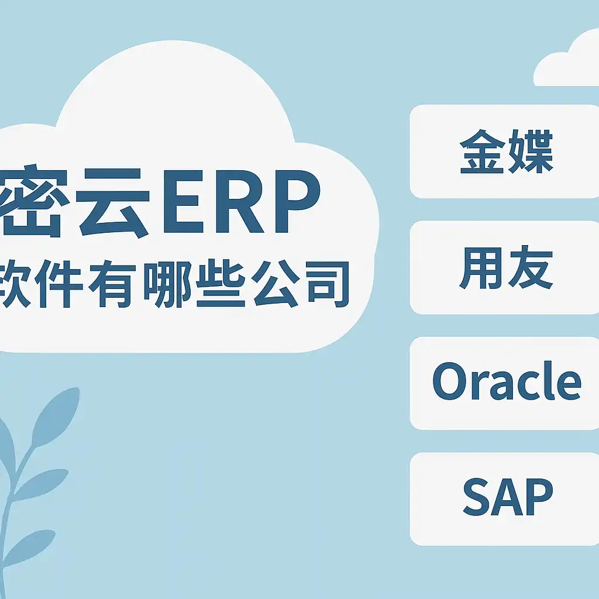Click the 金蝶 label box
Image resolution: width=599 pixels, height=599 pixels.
coord(504,152)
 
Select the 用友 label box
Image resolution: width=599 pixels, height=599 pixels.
coord(504,267)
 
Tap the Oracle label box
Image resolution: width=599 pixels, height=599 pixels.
coord(504,383)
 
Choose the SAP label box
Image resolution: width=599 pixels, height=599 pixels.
coord(504,499)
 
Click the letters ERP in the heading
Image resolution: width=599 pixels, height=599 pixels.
coord(242,201)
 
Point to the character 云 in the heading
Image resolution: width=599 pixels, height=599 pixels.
coord(113,202)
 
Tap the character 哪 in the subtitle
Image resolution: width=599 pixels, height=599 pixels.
coord(167,284)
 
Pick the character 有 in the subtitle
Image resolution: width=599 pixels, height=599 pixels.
coord(112,284)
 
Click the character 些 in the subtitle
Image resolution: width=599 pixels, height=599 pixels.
coord(221,284)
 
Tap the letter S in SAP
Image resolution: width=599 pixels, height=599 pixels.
coord(477,497)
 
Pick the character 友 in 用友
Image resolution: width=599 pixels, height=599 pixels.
coord(531,267)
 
